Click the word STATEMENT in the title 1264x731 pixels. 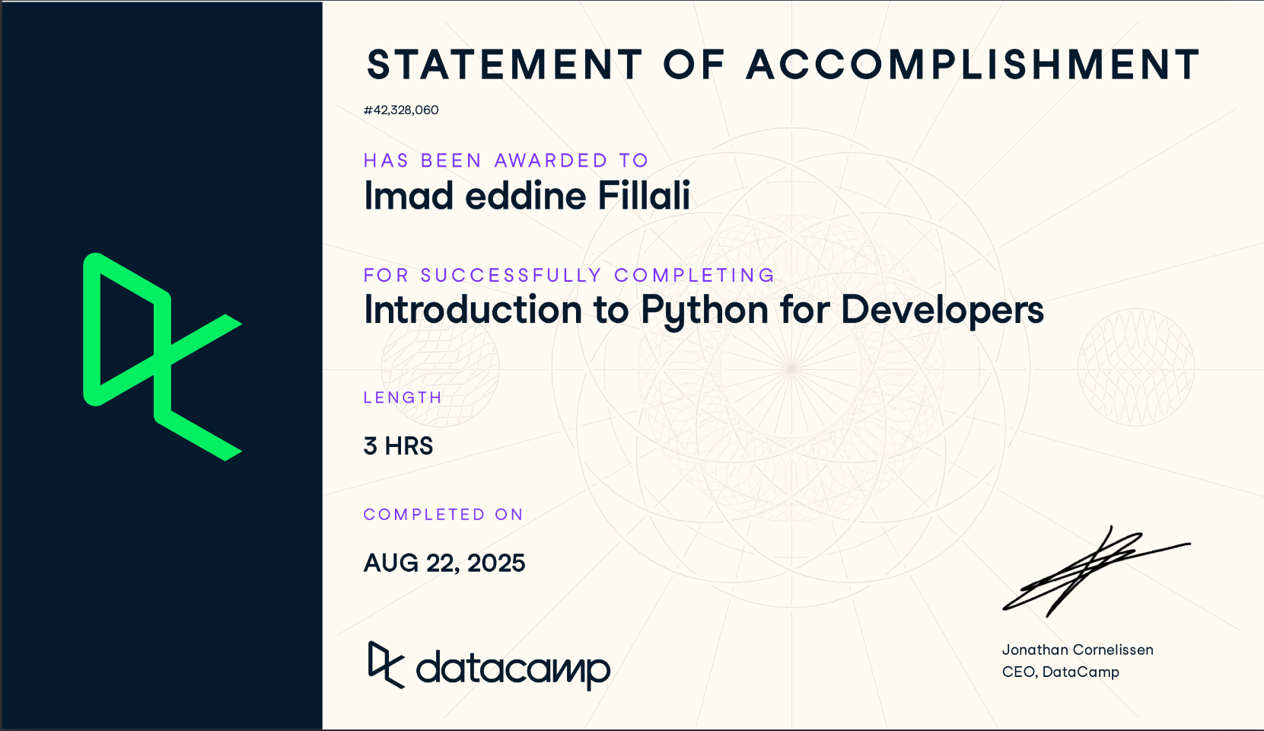[x=505, y=65]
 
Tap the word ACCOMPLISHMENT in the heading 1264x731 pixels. [x=973, y=65]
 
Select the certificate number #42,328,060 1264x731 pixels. [x=401, y=110]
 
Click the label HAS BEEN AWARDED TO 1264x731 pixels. [x=506, y=161]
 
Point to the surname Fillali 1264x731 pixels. [x=644, y=196]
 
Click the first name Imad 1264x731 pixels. [x=409, y=196]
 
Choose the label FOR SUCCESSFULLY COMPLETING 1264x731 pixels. [x=569, y=275]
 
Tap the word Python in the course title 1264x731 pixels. [x=705, y=311]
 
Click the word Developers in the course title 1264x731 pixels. [x=942, y=311]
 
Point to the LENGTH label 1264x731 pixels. [x=403, y=397]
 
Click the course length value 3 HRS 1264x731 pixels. [x=399, y=446]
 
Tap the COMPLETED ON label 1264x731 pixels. [x=444, y=515]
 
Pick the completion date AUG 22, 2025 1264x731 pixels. [x=444, y=563]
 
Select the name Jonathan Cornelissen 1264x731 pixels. [x=1078, y=650]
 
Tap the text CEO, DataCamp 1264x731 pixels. [x=1061, y=672]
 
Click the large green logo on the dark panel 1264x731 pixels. [x=161, y=356]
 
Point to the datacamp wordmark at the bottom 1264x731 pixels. [x=513, y=669]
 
